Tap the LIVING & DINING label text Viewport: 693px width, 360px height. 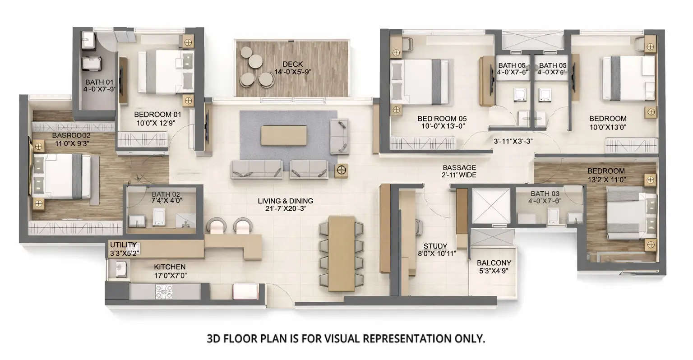[285, 201]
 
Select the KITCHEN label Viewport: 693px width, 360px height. [170, 267]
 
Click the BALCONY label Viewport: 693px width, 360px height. [494, 263]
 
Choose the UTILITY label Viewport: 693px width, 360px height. [123, 245]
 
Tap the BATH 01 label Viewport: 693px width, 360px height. [99, 83]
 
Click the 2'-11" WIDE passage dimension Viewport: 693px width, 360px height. [459, 175]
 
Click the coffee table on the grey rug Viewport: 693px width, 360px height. [284, 135]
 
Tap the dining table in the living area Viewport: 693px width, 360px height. [341, 254]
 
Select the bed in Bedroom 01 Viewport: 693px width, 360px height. [166, 72]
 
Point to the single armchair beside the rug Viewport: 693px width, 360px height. [339, 136]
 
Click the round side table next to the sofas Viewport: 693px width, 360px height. [342, 171]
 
